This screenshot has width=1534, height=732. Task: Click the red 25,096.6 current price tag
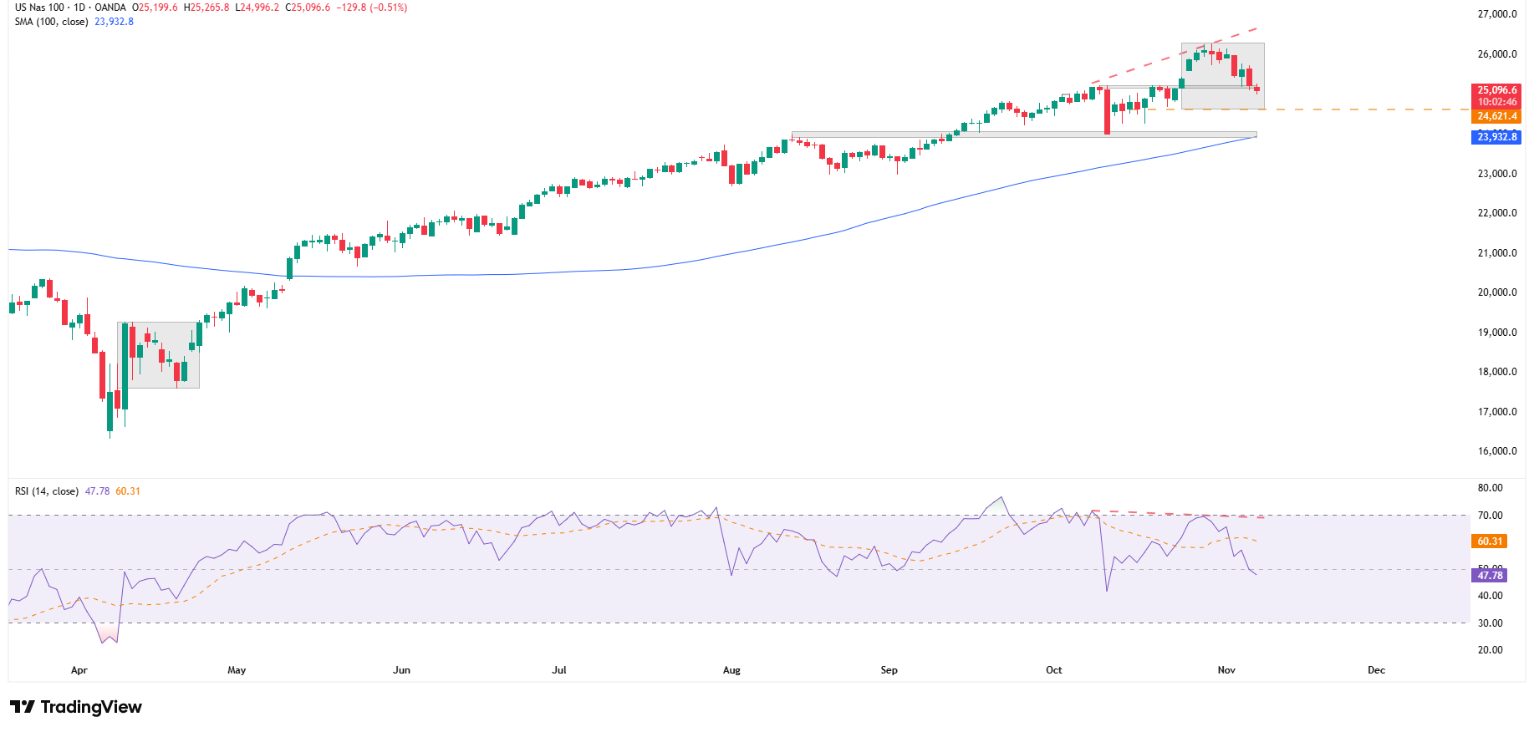tap(1496, 90)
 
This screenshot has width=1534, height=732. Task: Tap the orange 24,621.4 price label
tap(1496, 117)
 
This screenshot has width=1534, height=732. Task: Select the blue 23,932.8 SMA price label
tap(1496, 137)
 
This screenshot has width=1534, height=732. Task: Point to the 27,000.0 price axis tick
tap(1496, 14)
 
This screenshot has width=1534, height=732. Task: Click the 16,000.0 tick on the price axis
tap(1496, 451)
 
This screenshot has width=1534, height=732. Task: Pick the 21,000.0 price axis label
tap(1496, 253)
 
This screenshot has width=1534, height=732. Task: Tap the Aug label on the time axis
tap(731, 670)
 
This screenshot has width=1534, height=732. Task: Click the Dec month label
tap(1376, 670)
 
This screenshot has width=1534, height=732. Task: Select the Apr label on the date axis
tap(79, 670)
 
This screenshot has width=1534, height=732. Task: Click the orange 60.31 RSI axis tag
tap(1490, 541)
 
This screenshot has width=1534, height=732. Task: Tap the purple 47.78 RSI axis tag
tap(1490, 576)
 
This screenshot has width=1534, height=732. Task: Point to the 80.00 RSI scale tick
tap(1490, 488)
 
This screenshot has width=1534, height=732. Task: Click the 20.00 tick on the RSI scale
tap(1490, 650)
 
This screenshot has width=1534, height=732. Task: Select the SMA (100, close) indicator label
tap(51, 22)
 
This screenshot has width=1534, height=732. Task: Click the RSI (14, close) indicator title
tap(47, 491)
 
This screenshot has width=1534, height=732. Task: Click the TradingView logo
tap(76, 707)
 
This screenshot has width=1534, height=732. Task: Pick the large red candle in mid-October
tap(1107, 110)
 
